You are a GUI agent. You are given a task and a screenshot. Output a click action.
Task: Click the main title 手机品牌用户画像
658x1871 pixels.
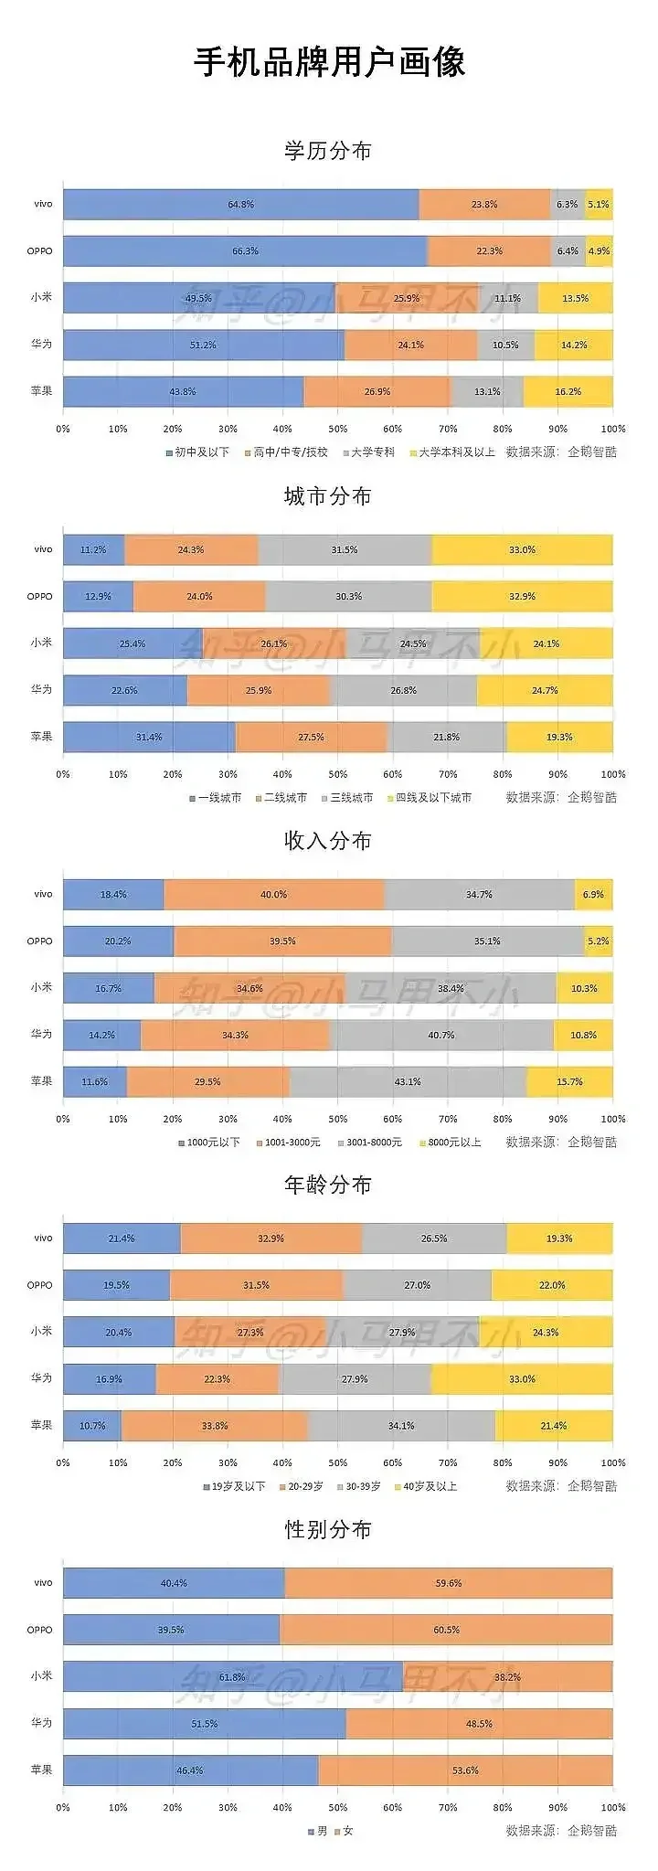329,62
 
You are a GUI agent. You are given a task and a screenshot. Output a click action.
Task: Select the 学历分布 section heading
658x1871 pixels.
328,151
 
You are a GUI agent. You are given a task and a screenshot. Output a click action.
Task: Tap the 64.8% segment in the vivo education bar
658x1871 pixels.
241,205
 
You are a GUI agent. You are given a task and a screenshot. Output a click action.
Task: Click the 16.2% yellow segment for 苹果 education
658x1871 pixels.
568,391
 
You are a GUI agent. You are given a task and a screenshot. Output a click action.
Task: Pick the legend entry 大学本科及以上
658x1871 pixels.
456,452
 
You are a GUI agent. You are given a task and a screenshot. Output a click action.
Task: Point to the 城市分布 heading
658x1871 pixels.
328,496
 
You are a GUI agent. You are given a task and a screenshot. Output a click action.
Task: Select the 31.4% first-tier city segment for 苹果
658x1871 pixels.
149,737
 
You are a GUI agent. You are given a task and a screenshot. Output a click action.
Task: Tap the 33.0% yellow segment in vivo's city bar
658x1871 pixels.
522,550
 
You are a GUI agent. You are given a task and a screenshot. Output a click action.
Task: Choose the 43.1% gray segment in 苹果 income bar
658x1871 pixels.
408,1081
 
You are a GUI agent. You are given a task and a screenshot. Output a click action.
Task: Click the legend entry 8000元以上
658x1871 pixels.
454,1142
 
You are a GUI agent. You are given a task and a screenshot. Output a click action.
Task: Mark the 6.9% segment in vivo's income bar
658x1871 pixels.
593,894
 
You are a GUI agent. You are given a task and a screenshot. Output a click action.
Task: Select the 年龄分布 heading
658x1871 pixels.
328,1185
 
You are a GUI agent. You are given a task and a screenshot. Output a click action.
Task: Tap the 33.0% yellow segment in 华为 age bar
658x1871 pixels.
522,1378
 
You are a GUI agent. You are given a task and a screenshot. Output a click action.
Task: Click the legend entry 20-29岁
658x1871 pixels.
305,1486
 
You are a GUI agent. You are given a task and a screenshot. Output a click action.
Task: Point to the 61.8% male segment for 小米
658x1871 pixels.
232,1676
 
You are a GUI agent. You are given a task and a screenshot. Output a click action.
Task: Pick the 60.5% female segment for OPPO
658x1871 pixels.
447,1630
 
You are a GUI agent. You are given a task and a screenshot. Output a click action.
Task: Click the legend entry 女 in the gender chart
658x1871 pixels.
347,1831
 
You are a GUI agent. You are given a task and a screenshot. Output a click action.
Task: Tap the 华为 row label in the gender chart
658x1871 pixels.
41,1722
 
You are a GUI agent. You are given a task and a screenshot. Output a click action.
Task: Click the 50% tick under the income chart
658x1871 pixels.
337,1119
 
